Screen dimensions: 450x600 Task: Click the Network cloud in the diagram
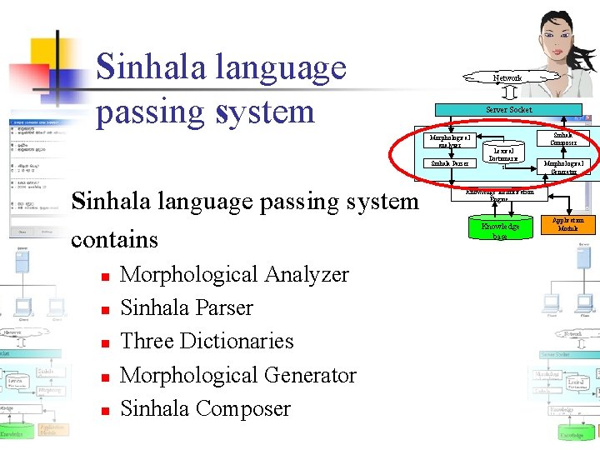507,77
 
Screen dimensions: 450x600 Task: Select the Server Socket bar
508,110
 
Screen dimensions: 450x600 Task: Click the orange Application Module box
568,224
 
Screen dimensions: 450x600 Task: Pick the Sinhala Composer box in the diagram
568,137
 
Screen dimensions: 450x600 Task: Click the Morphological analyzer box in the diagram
449,138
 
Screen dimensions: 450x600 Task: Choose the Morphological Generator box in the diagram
567,167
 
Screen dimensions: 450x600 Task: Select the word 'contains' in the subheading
114,239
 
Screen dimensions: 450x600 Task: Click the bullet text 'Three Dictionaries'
207,342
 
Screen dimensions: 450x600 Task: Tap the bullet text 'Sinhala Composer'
205,409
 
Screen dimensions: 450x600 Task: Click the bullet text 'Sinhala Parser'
187,307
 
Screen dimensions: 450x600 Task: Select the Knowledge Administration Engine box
498,196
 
